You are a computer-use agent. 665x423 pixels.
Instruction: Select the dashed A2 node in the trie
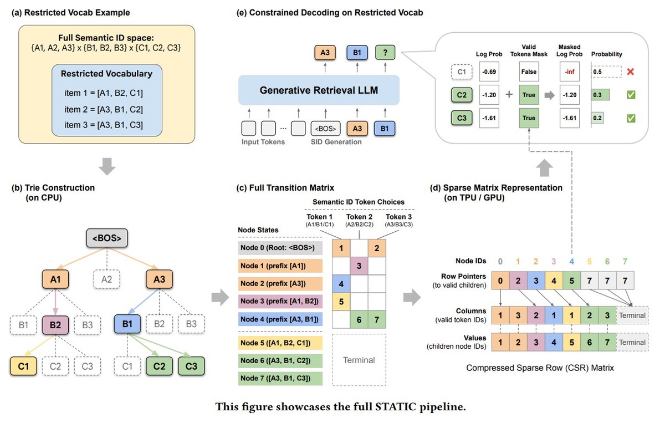106,280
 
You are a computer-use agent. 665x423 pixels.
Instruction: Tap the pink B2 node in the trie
55,324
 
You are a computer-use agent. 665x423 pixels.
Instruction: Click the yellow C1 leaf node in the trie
24,366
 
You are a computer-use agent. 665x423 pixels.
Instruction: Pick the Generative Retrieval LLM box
319,89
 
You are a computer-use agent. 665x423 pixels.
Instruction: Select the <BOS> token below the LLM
326,128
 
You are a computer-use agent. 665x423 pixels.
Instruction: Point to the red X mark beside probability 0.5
630,72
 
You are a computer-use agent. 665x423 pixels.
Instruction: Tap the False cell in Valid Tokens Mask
529,72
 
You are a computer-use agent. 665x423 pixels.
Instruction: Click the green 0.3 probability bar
600,95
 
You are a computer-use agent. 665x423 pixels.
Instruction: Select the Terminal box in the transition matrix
359,360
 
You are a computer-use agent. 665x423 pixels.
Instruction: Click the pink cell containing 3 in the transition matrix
359,266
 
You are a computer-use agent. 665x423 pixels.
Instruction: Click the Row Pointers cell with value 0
500,280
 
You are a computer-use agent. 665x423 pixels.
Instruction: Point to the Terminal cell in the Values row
632,342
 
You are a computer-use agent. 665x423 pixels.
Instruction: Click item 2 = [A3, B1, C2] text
104,109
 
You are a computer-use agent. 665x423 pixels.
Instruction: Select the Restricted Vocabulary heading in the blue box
106,73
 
